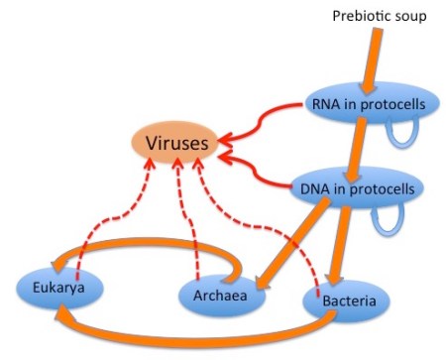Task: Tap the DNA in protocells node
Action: tap(362, 186)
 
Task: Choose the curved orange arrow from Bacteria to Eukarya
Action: tap(198, 333)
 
